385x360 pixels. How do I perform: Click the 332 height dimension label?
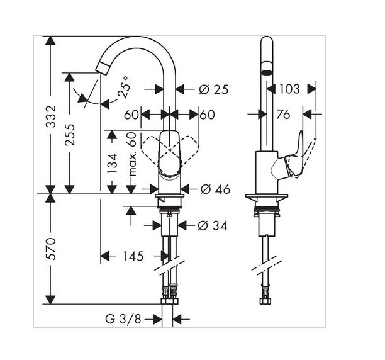click(52, 116)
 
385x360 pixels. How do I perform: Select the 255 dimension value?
click(70, 135)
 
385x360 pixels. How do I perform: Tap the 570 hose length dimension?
click(52, 249)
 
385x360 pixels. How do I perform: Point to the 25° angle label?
click(123, 87)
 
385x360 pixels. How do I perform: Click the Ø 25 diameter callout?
click(214, 89)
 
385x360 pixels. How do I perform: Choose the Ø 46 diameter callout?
click(215, 189)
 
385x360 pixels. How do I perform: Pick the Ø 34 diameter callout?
click(213, 225)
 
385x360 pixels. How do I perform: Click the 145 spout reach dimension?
click(133, 256)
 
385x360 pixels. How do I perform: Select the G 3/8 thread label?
click(123, 319)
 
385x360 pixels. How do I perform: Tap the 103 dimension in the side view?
click(290, 89)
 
